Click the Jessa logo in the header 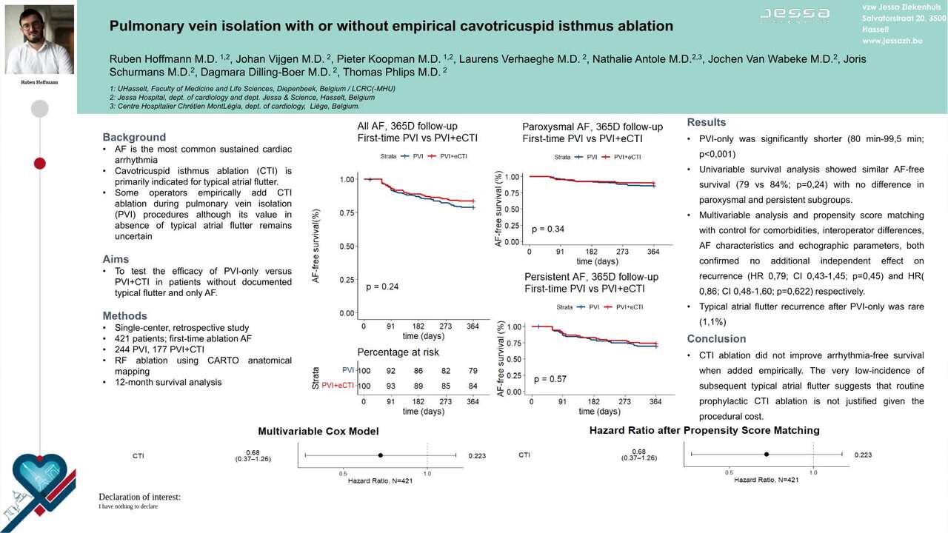coord(795,14)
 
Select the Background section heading coord(134,137)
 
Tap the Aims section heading coord(116,259)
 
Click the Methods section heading coord(124,315)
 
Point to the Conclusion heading coord(716,338)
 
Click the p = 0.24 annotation coord(382,286)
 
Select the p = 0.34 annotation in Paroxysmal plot coord(548,229)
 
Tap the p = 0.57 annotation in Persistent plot coord(550,379)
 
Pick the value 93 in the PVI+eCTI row coord(390,386)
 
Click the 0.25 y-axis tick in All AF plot coord(347,280)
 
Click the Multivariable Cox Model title coord(318,431)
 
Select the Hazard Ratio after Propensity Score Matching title coord(704,430)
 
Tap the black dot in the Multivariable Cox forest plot coord(380,455)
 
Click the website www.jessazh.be coord(892,41)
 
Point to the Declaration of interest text coord(139,497)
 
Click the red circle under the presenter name coord(39,163)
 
